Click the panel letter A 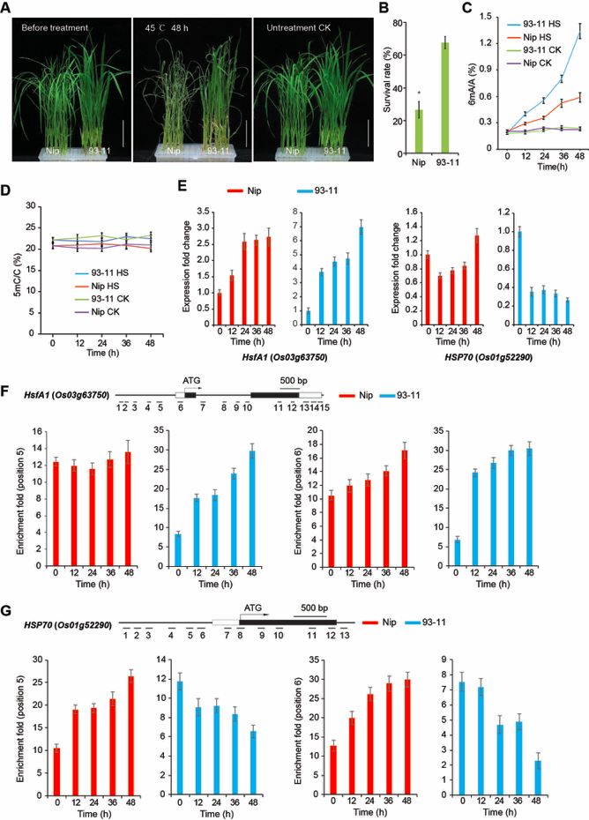[x=10, y=10]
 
